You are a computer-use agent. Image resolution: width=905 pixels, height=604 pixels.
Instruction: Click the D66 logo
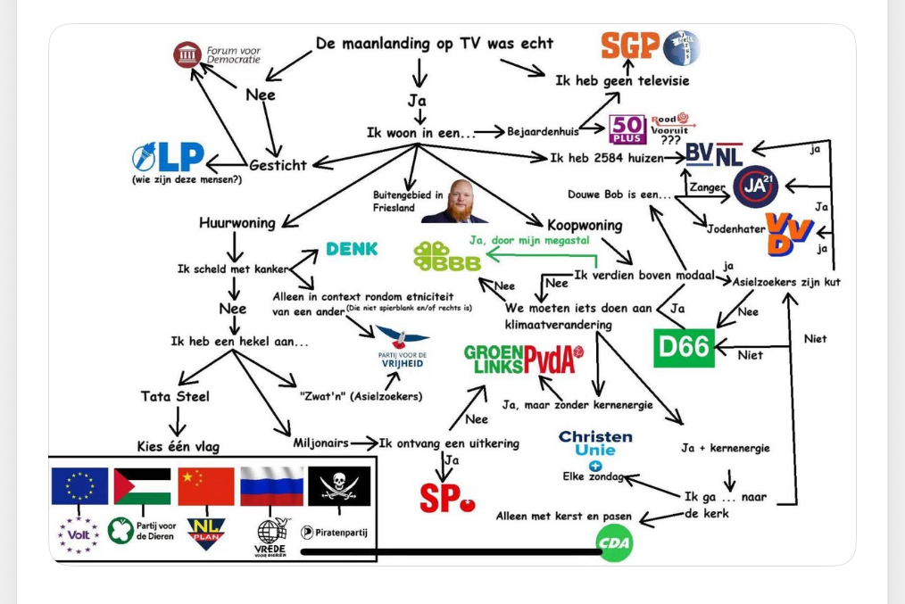pyautogui.click(x=685, y=348)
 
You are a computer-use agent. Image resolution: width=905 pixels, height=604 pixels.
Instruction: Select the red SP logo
pyautogui.click(x=447, y=498)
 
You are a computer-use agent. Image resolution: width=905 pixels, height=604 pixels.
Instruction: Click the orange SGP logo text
pyautogui.click(x=630, y=45)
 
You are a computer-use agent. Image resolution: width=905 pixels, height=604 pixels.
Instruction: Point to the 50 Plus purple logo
pyautogui.click(x=627, y=129)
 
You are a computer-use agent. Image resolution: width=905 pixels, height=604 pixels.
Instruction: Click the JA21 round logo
pyautogui.click(x=755, y=187)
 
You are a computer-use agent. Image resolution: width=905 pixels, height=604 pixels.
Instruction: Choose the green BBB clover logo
pyautogui.click(x=446, y=256)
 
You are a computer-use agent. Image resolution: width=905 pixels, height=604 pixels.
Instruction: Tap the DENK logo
pyautogui.click(x=352, y=249)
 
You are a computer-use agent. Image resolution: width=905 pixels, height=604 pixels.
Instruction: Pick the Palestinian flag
pyautogui.click(x=142, y=486)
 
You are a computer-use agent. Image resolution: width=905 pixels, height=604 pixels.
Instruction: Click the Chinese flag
pyautogui.click(x=205, y=486)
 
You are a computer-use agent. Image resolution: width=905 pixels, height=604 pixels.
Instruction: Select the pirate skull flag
pyautogui.click(x=338, y=486)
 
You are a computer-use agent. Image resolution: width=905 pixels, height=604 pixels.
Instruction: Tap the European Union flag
pyautogui.click(x=79, y=486)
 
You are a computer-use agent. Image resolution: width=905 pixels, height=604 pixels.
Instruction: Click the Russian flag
pyautogui.click(x=271, y=486)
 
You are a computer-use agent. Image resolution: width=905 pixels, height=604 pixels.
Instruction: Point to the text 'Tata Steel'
pyautogui.click(x=175, y=396)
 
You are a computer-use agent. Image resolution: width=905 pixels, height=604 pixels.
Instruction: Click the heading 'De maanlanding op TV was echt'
pyautogui.click(x=435, y=43)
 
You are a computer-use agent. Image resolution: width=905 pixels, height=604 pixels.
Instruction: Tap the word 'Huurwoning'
pyautogui.click(x=237, y=223)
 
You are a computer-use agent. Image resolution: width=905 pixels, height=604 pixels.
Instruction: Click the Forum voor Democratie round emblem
pyautogui.click(x=187, y=55)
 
